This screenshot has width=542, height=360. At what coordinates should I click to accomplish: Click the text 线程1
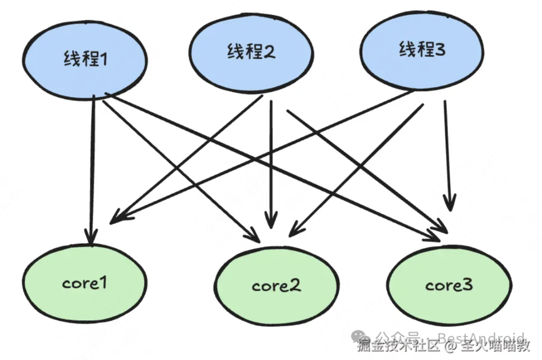tap(86, 60)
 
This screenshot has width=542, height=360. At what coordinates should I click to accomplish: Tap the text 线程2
tap(250, 51)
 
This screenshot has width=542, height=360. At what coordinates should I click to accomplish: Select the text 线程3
tap(422, 49)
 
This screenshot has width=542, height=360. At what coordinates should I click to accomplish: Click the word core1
tap(85, 283)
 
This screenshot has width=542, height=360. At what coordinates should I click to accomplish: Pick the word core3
tap(449, 286)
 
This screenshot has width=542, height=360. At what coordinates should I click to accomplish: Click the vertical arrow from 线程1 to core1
tap(92, 170)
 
